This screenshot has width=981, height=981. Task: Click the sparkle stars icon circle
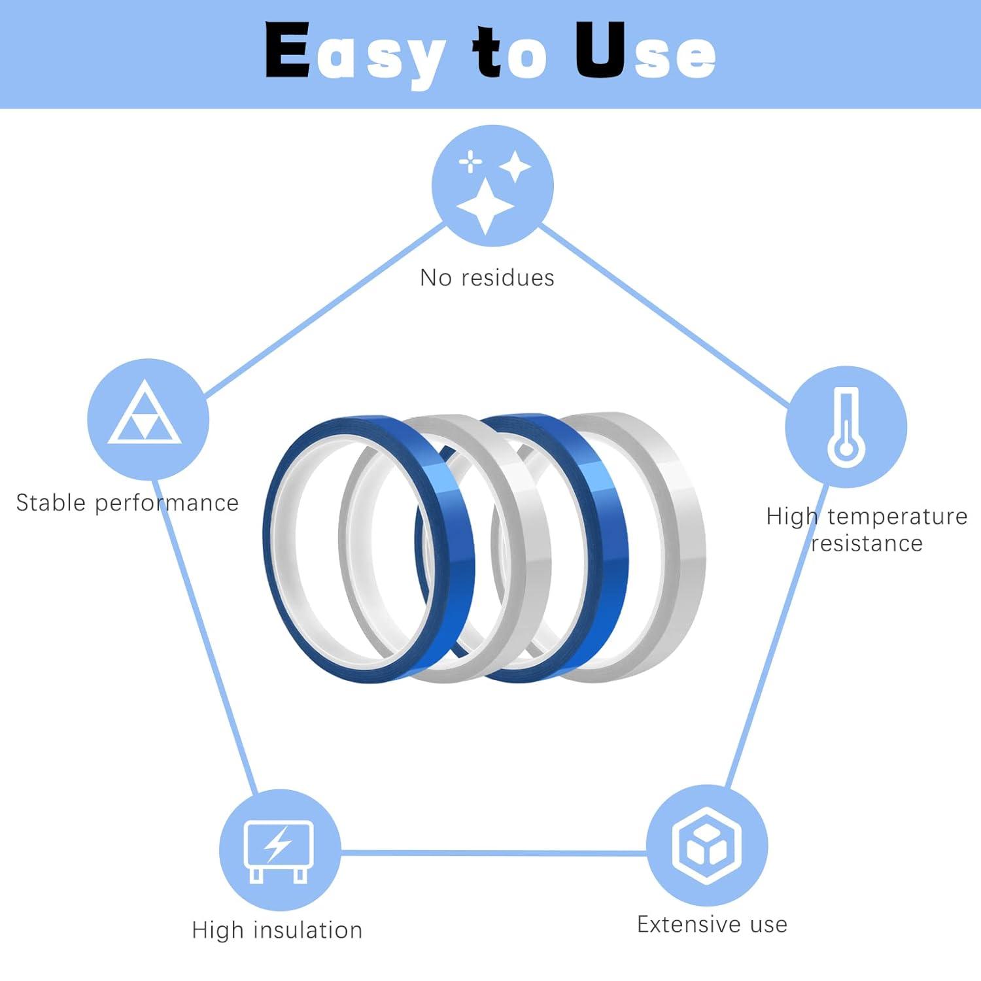pos(492,186)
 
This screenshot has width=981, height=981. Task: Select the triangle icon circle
pos(148,419)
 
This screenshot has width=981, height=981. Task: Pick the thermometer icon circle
pos(846,426)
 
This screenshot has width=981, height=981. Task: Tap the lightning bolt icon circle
pos(279,850)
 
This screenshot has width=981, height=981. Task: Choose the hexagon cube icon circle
pos(707,845)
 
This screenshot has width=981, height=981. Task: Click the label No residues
pos(487,278)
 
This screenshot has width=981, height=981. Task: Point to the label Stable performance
pos(127,503)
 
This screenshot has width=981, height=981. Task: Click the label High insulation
pos(277,930)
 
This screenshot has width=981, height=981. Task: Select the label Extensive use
pos(712,924)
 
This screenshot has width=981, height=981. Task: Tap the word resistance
pos(867,543)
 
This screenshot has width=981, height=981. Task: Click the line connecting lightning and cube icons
pos(494,853)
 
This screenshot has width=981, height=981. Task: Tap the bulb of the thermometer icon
pos(846,448)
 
